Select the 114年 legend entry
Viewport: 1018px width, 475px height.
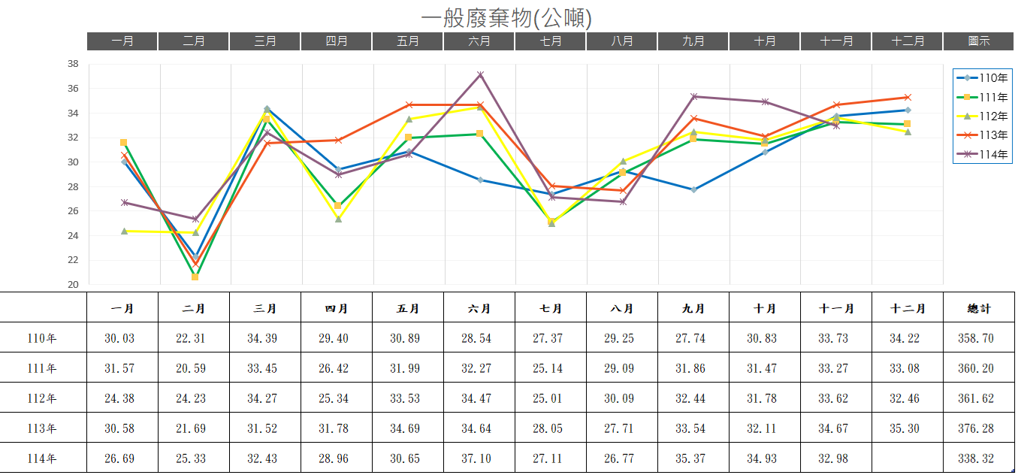pos(983,154)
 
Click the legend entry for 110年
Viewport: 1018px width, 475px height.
pos(983,77)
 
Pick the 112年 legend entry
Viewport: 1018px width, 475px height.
pos(983,116)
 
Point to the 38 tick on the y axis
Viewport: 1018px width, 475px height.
pos(73,64)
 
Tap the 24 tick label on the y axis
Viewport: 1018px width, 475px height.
pos(73,236)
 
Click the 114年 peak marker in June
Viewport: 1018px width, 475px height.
pos(480,75)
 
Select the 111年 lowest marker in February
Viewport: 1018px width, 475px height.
pos(195,277)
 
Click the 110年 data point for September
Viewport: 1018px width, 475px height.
pos(693,189)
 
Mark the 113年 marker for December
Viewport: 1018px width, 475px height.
pos(908,97)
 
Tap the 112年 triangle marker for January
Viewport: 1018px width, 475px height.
pos(124,231)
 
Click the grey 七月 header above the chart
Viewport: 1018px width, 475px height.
pos(551,41)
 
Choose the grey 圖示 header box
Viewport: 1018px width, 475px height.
pos(978,41)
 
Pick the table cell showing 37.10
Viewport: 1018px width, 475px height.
pos(479,458)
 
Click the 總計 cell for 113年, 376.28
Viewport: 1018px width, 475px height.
pos(978,428)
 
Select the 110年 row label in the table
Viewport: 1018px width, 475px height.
pos(42,338)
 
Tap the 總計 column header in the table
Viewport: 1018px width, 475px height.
pos(978,308)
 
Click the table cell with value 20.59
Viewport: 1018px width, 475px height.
pos(194,368)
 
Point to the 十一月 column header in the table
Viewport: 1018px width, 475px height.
pos(836,308)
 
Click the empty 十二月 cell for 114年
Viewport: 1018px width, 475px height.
pos(908,458)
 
